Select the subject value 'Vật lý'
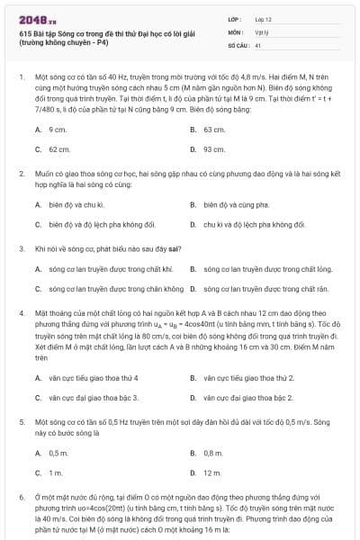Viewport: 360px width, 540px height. click(x=261, y=31)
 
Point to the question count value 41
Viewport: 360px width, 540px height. click(x=257, y=44)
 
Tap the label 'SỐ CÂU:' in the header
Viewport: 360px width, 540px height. click(x=238, y=44)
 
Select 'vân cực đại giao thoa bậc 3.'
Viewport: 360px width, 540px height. click(x=94, y=397)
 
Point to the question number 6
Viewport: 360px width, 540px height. click(x=21, y=497)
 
